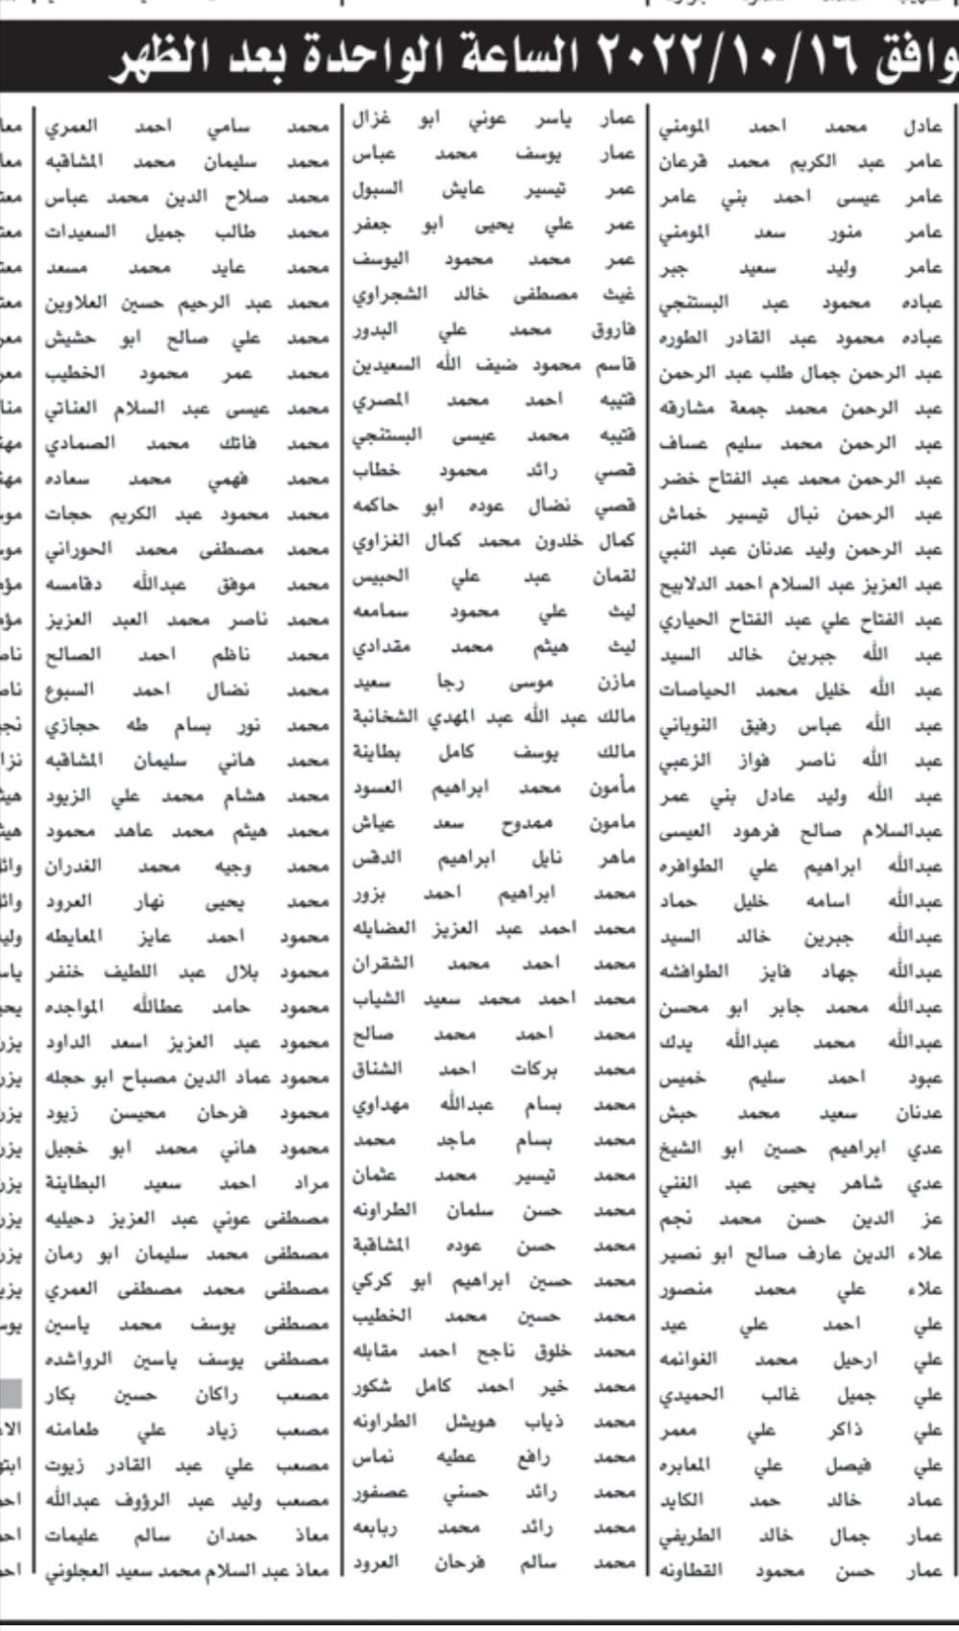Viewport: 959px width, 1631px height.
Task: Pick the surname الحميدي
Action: [692, 1395]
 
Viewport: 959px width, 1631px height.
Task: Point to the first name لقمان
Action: [616, 576]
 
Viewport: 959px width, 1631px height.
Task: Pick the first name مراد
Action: [307, 1183]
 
